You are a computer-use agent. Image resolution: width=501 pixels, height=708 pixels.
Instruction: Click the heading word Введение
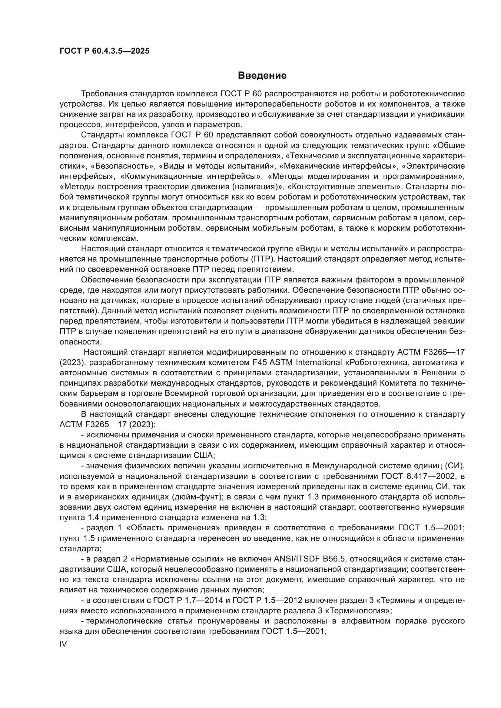pos(262,76)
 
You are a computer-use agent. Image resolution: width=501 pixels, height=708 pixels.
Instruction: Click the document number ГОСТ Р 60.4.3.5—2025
pos(105,51)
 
